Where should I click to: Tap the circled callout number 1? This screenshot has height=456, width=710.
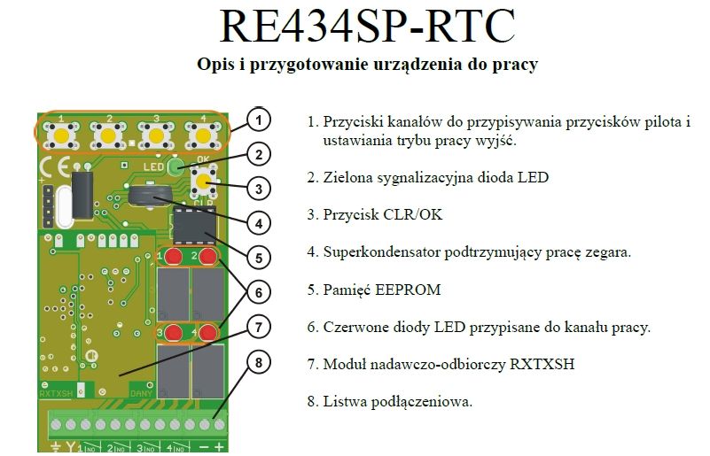tap(259, 120)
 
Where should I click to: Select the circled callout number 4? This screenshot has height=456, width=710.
tap(259, 223)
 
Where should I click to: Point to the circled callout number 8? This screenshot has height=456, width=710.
tap(259, 363)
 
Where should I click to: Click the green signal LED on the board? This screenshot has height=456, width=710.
tap(175, 167)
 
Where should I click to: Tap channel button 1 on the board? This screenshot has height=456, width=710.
tap(61, 135)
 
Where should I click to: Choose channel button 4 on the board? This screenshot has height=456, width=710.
tap(203, 135)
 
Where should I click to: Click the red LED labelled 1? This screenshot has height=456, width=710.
tap(173, 257)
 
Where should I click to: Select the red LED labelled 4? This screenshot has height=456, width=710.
tap(207, 334)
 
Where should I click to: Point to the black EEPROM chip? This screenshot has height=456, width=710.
tap(194, 225)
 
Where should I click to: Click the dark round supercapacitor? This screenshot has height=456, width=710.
tap(150, 196)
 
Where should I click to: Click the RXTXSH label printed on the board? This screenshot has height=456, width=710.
tap(56, 393)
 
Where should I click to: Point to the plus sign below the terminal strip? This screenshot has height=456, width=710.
tap(219, 446)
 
